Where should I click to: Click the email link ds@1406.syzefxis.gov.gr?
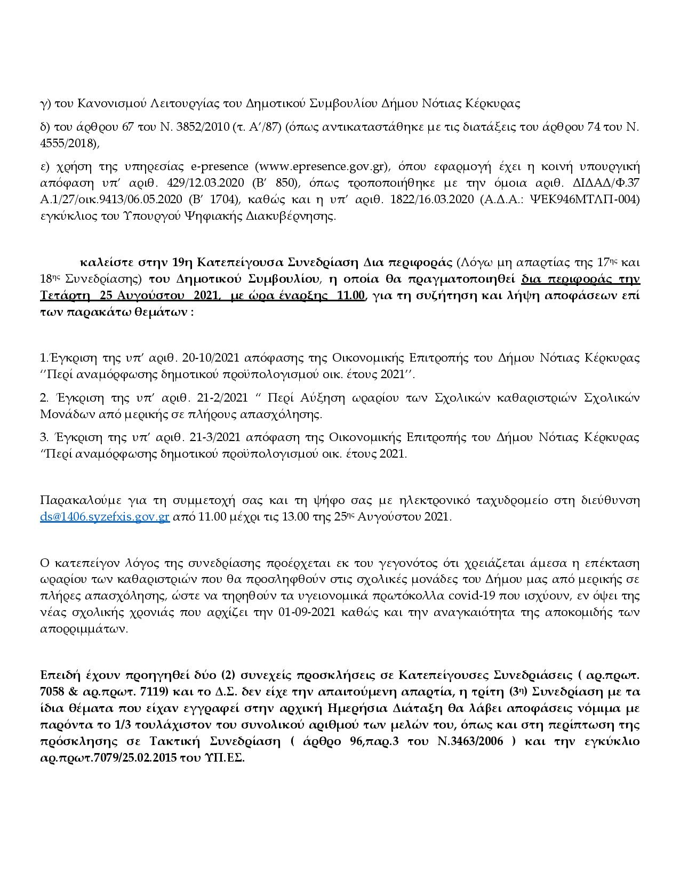pos(105,517)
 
